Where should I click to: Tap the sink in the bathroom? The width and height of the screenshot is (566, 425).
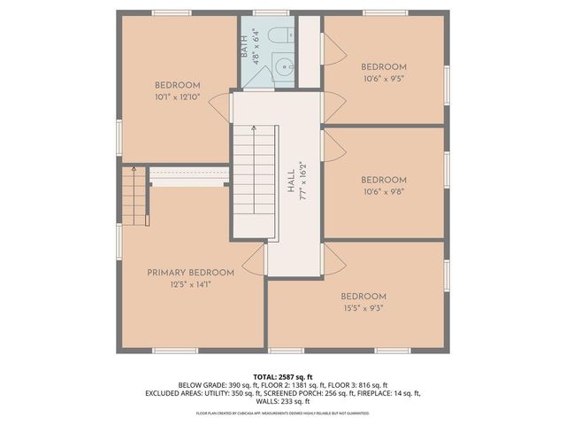click(x=283, y=66)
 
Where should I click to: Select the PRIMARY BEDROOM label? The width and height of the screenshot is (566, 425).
click(x=190, y=273)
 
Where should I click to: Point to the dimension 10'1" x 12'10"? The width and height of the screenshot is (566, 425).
click(x=178, y=97)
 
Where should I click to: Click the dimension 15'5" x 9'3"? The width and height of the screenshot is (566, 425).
click(x=363, y=307)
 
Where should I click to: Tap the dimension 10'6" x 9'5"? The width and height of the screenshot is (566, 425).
click(x=383, y=78)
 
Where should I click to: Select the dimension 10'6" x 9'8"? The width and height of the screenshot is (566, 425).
click(x=383, y=189)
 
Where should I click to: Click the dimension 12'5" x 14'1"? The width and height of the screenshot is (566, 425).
click(x=190, y=284)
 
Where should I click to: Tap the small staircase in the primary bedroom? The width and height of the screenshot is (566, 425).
click(x=134, y=196)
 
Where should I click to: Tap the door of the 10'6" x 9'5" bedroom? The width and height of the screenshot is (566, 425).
click(x=333, y=51)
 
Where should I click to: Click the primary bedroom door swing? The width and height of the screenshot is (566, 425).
click(x=256, y=260)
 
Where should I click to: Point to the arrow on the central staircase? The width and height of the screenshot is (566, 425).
click(x=255, y=129)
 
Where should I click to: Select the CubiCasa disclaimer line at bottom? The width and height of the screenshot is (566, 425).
click(x=283, y=413)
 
